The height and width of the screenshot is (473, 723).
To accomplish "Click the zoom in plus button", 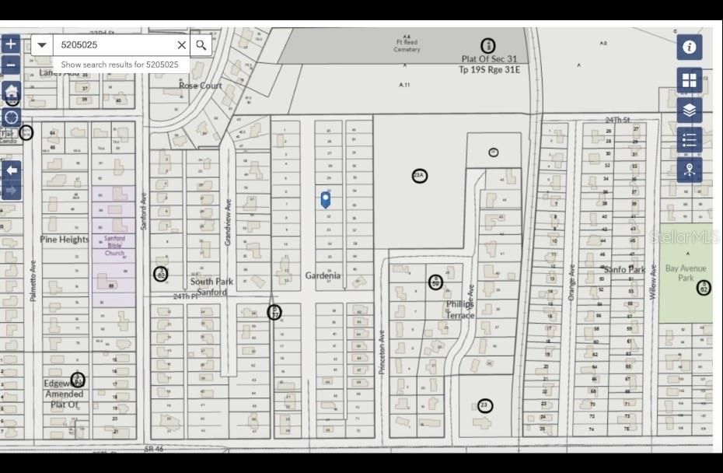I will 11,44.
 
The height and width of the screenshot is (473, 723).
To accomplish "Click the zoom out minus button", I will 11,65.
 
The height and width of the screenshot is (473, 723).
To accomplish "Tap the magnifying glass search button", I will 201,45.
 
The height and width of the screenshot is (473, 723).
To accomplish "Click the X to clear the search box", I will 181,45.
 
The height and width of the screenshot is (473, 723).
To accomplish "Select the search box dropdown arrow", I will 42,45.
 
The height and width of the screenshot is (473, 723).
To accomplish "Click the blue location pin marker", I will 327,199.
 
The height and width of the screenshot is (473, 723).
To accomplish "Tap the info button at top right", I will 689,47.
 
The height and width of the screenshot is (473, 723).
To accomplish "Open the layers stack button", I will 689,110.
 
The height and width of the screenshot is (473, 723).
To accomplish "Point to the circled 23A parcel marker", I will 419,176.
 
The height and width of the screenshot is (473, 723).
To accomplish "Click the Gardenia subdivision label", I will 323,275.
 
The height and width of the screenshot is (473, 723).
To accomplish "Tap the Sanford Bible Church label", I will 114,246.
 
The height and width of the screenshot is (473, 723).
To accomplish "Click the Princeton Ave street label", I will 382,352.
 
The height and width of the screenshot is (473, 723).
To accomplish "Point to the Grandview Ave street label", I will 229,224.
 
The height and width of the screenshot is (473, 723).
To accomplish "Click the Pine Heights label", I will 65,240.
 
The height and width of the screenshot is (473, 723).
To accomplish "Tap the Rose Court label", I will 201,86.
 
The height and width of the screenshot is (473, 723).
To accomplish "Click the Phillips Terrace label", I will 459,310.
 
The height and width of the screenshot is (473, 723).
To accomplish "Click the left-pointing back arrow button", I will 11,170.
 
